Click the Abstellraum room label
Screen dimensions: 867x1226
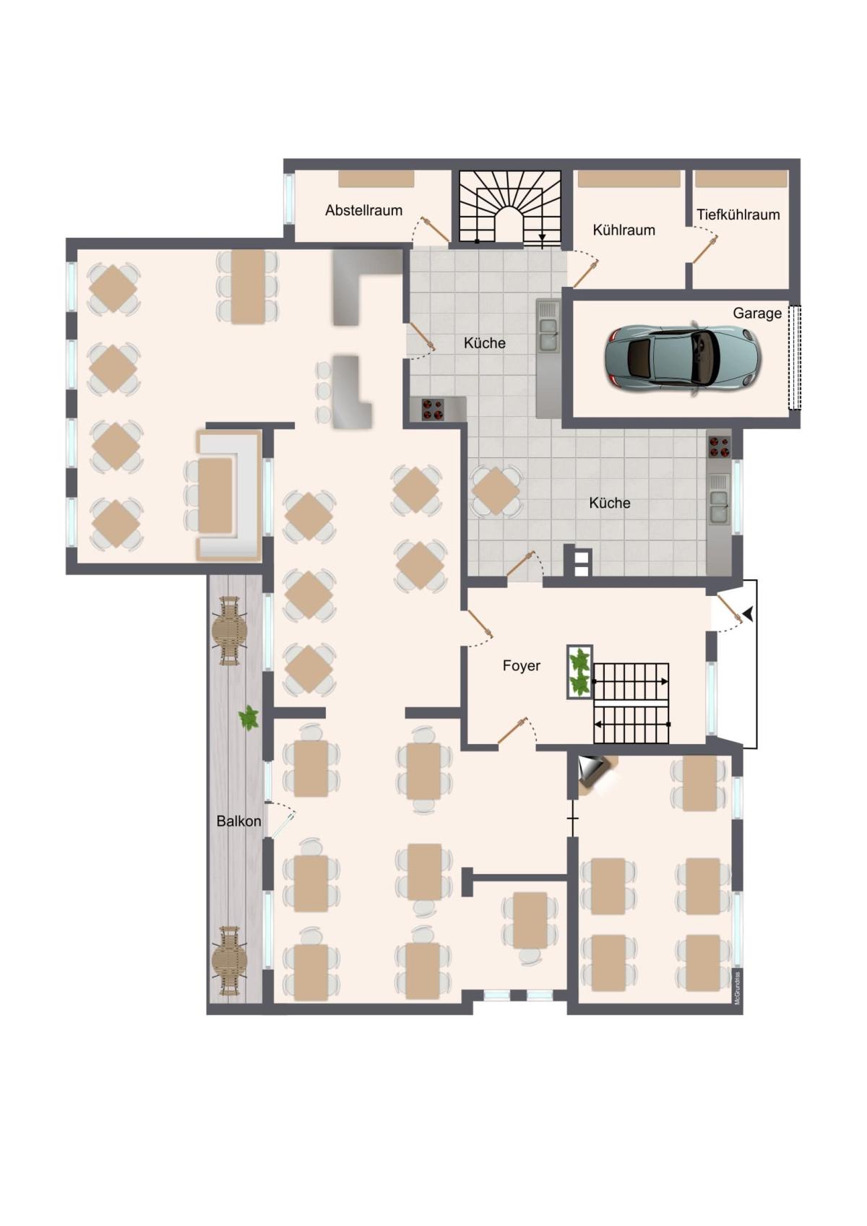[x=363, y=210]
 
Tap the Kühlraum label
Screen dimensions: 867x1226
[x=624, y=230]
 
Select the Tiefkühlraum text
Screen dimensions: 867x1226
[x=738, y=215]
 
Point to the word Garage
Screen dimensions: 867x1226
[x=757, y=313]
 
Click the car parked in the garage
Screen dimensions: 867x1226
[x=683, y=358]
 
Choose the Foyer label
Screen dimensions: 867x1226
[x=521, y=665]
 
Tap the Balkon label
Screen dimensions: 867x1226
[x=238, y=821]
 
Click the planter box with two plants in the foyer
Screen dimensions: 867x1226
[x=579, y=672]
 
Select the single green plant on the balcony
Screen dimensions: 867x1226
[x=249, y=717]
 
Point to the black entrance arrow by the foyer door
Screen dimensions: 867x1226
[x=749, y=614]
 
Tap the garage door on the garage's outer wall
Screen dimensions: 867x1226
[x=794, y=358]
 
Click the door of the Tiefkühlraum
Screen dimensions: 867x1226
[x=704, y=250]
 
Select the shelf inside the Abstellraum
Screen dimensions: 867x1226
[x=376, y=179]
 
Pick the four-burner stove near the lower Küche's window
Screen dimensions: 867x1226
[x=719, y=446]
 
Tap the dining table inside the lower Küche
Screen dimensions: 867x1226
[x=496, y=491]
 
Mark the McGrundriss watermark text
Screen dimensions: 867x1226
[x=738, y=988]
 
